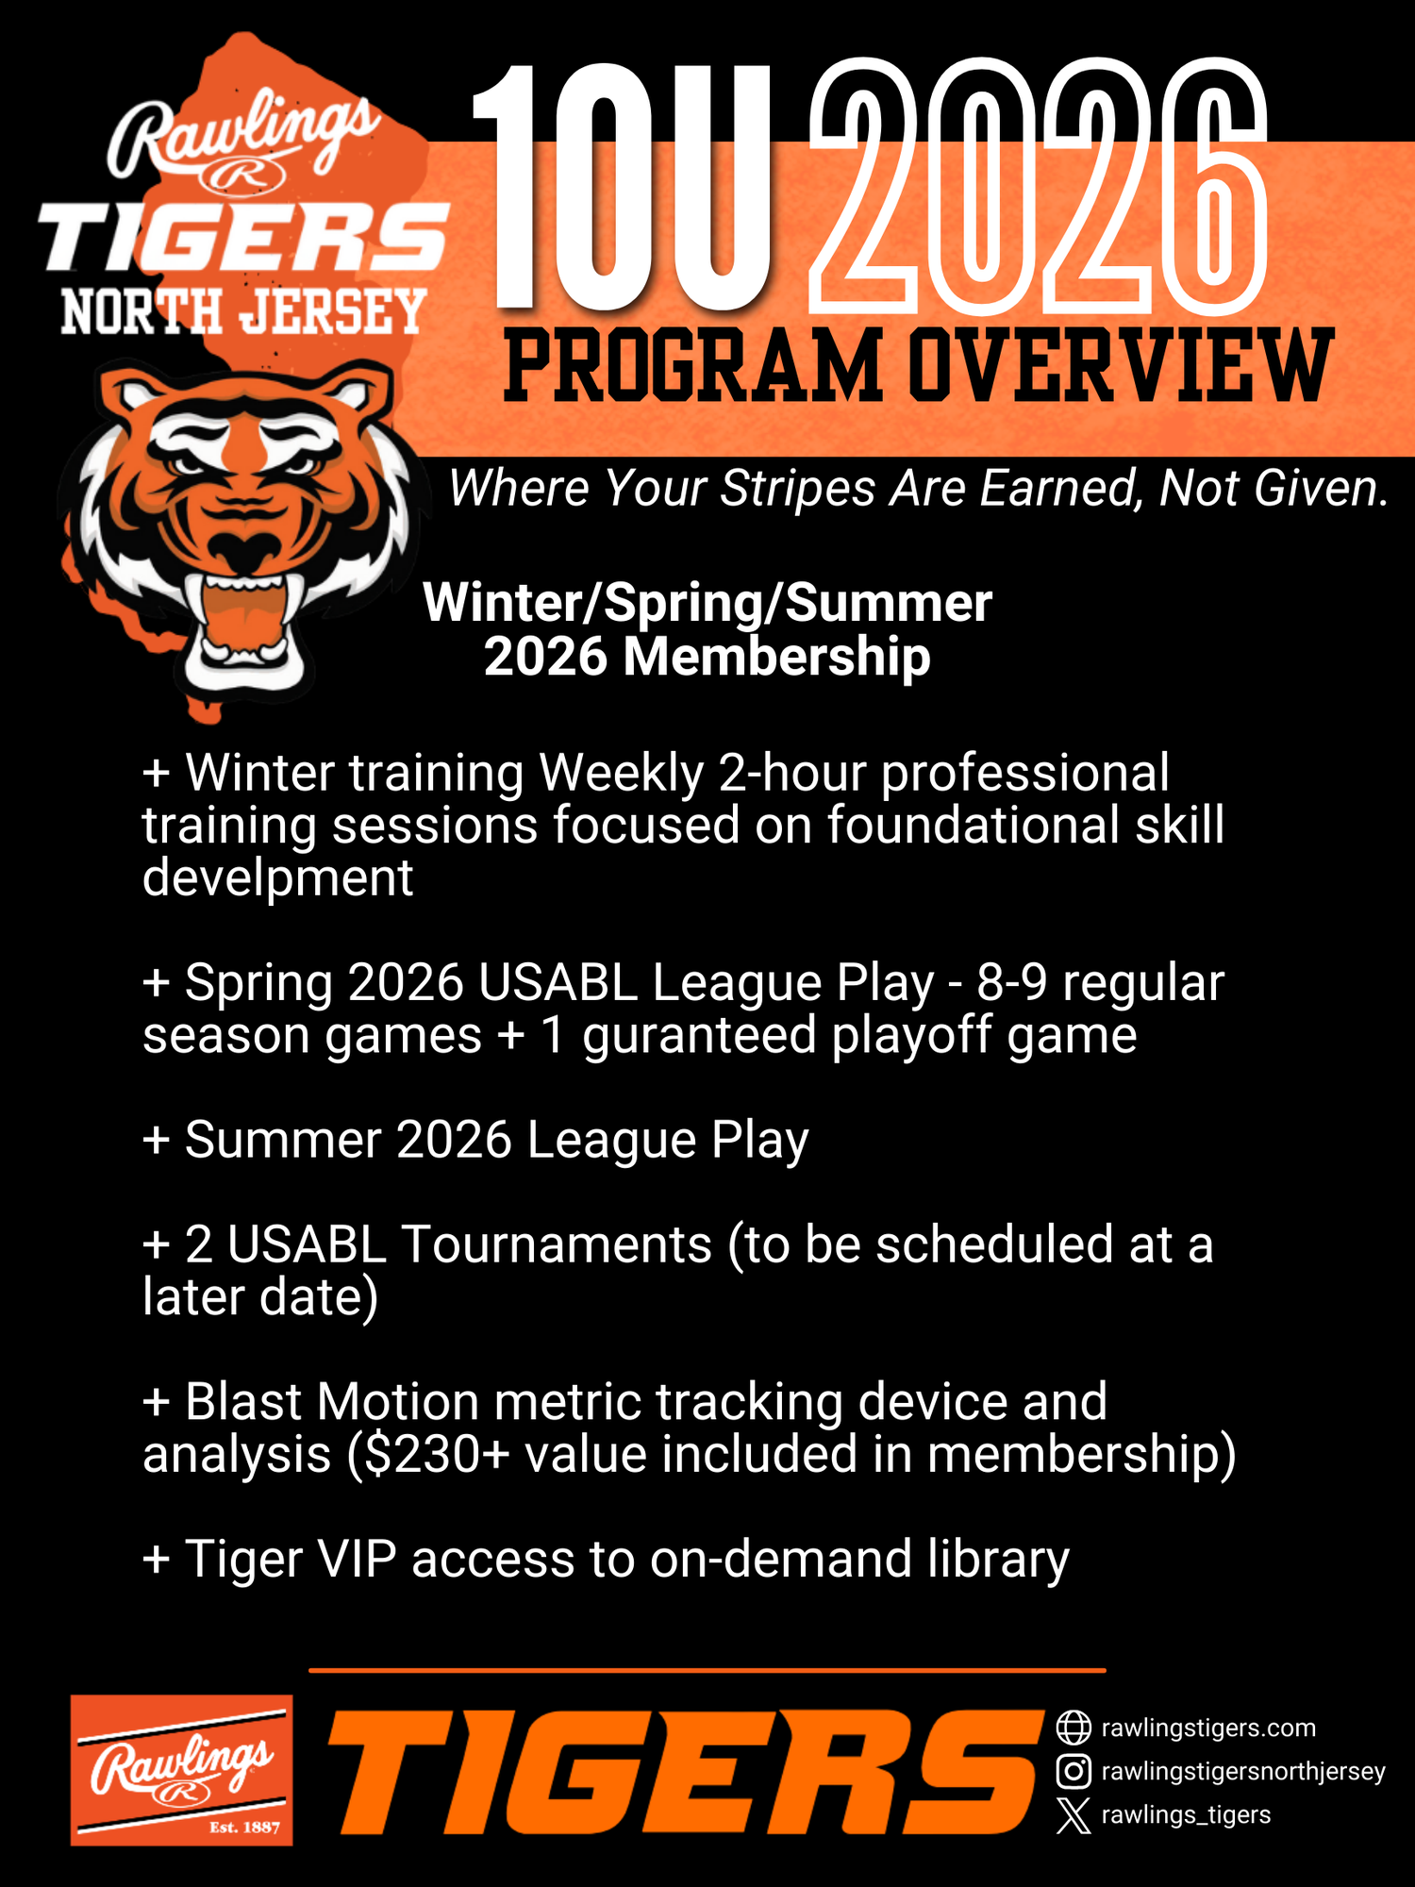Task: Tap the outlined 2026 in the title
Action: tap(1038, 187)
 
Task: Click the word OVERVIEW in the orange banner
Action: tap(1121, 366)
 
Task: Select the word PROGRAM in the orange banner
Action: tap(693, 366)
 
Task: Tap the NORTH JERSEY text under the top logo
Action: tap(243, 311)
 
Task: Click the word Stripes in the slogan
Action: tap(798, 489)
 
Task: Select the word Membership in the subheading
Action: tap(776, 657)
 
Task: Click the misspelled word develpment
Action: tap(278, 878)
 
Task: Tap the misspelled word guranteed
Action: tap(699, 1036)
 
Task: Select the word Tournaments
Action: tap(557, 1244)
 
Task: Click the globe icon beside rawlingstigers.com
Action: tap(1074, 1728)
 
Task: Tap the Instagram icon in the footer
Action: tap(1074, 1771)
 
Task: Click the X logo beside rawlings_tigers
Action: tap(1074, 1815)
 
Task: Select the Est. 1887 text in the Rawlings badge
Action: tap(244, 1828)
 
